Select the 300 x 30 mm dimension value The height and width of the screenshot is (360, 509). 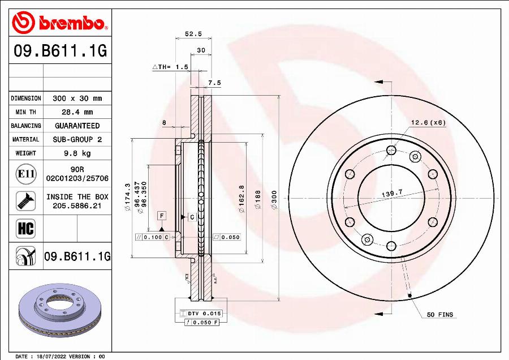point(77,98)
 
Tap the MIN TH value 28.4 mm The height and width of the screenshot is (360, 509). point(77,112)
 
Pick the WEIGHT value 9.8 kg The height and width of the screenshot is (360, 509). point(77,153)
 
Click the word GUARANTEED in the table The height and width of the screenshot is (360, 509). point(77,126)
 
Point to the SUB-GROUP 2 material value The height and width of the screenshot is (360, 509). point(77,139)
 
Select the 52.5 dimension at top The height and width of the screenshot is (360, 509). point(193,34)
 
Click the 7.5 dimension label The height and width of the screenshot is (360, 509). point(214,83)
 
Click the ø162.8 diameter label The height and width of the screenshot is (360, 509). point(241,199)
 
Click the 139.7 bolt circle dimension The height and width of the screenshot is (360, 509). point(391,194)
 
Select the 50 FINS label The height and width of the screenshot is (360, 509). point(439,315)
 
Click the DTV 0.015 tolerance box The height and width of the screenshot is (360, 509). point(201,313)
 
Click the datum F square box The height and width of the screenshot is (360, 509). point(162,216)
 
